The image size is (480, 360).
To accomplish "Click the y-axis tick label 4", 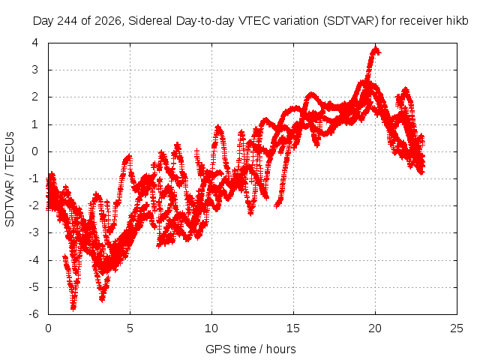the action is point(35,43).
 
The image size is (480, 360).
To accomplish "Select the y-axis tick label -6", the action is point(34,314).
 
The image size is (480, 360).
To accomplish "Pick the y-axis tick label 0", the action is point(35,151).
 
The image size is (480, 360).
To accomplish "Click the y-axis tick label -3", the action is point(34,232).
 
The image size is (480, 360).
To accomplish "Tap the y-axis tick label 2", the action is point(35,97).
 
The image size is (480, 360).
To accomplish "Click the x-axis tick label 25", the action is point(457,328).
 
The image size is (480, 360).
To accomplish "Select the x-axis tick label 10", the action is point(211,328).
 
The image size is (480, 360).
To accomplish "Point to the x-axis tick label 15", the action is point(293,328).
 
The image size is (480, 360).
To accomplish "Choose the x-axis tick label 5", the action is point(130,328).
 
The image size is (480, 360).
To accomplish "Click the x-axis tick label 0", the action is point(48,328).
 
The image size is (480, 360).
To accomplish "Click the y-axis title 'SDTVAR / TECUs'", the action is point(10,179).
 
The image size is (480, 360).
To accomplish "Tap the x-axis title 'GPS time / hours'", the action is point(250,349).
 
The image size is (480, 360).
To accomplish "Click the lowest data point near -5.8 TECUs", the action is point(73,307).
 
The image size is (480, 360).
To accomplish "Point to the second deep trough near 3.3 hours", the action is point(102,298).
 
